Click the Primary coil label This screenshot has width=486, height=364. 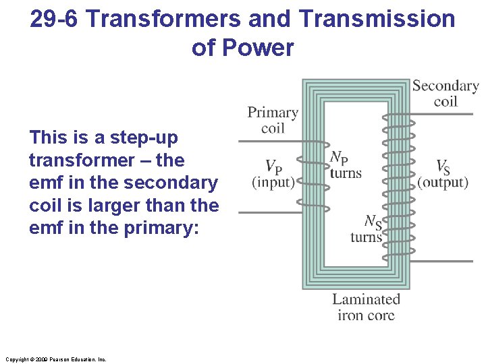[272, 120]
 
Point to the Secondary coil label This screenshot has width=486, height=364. [445, 93]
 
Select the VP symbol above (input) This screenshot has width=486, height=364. [273, 166]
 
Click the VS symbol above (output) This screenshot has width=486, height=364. [443, 166]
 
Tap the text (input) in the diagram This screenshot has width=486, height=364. [273, 182]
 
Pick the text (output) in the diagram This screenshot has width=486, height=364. [443, 182]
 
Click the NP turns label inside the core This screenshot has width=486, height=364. [345, 164]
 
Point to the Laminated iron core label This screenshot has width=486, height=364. [366, 307]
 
